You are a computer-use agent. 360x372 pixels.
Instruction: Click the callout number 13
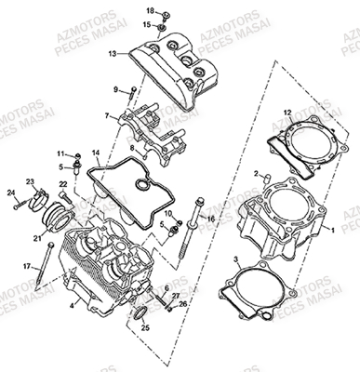(113, 54)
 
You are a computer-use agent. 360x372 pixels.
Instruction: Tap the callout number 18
(150, 11)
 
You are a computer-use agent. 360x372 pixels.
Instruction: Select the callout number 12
(287, 113)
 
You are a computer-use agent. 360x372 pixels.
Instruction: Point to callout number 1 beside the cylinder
(333, 231)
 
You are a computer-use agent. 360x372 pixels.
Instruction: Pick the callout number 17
(28, 266)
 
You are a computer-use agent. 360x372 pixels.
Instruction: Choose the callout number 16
(211, 219)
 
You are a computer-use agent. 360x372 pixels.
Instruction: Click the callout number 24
(11, 193)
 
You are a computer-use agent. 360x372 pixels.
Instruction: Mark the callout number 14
(96, 153)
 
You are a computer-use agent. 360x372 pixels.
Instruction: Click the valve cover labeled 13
(173, 68)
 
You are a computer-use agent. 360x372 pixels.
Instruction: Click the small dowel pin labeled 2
(267, 179)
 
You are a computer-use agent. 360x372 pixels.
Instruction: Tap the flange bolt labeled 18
(166, 15)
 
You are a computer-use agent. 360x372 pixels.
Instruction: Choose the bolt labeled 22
(65, 198)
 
